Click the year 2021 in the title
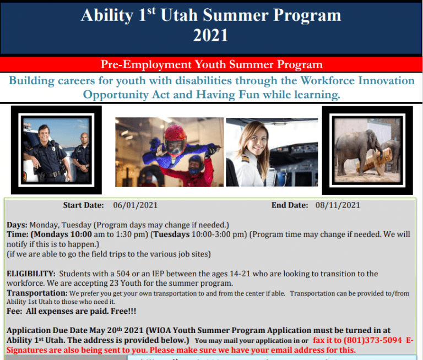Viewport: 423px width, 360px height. click(211, 36)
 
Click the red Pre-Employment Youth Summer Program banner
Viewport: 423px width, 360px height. click(211, 64)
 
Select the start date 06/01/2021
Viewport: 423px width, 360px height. click(135, 205)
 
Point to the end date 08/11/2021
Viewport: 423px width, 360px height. click(338, 205)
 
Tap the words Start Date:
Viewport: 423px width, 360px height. click(83, 205)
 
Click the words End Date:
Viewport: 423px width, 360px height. click(290, 205)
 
